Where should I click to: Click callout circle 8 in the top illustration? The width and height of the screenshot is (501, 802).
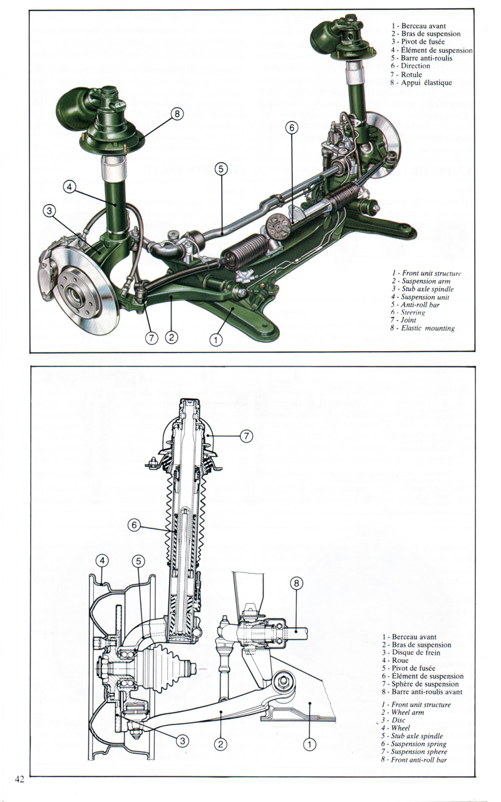pos(177,115)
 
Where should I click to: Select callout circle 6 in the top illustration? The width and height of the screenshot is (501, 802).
pos(291,128)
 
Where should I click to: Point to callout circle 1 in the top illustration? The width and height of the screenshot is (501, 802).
pos(216,340)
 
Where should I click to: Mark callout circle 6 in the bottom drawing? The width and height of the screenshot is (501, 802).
pos(133,525)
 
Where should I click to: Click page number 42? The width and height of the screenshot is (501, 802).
pos(18,779)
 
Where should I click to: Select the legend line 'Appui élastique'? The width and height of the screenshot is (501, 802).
pos(420,83)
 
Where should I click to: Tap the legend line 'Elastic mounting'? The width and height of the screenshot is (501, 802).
pos(422,328)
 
